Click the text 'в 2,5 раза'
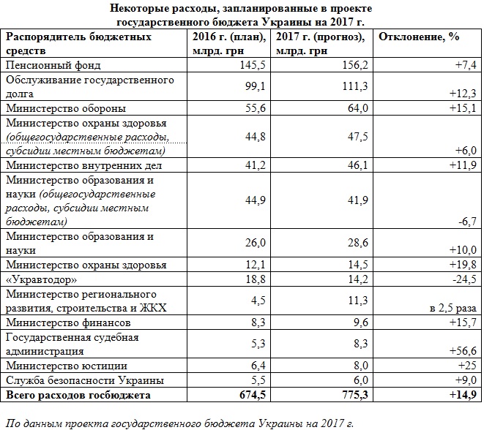pyautogui.click(x=451, y=309)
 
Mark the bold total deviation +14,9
pyautogui.click(x=462, y=396)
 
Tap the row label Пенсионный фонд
pyautogui.click(x=47, y=64)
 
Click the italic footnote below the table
pyautogui.click(x=179, y=422)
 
